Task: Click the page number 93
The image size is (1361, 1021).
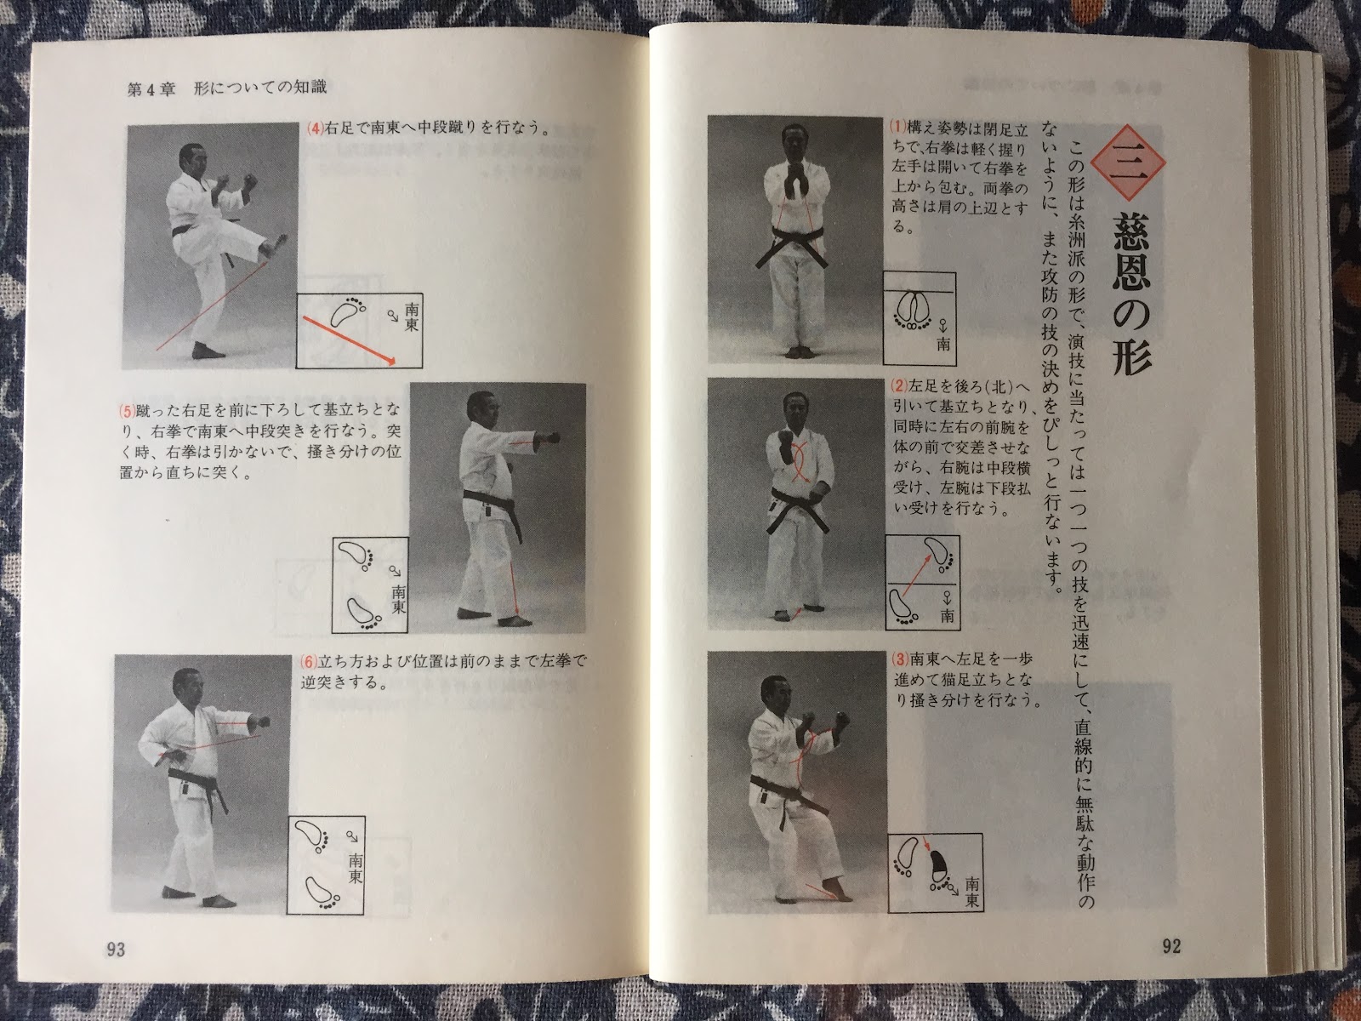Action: click(116, 949)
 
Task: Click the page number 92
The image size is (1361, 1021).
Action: click(1171, 946)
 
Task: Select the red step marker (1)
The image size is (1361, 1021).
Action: click(897, 127)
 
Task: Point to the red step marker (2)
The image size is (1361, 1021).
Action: click(899, 385)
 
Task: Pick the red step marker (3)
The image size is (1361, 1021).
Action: click(900, 659)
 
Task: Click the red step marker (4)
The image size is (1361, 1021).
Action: click(316, 128)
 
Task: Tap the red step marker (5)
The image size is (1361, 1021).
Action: click(127, 410)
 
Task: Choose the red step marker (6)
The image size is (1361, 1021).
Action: click(308, 661)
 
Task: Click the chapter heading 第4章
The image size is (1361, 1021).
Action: click(151, 88)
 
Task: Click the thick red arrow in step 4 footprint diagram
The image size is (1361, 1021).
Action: click(349, 340)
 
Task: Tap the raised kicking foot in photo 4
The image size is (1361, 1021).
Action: click(273, 246)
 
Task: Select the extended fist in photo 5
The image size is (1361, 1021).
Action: click(550, 438)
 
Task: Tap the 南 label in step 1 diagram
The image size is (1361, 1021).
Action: click(943, 344)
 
